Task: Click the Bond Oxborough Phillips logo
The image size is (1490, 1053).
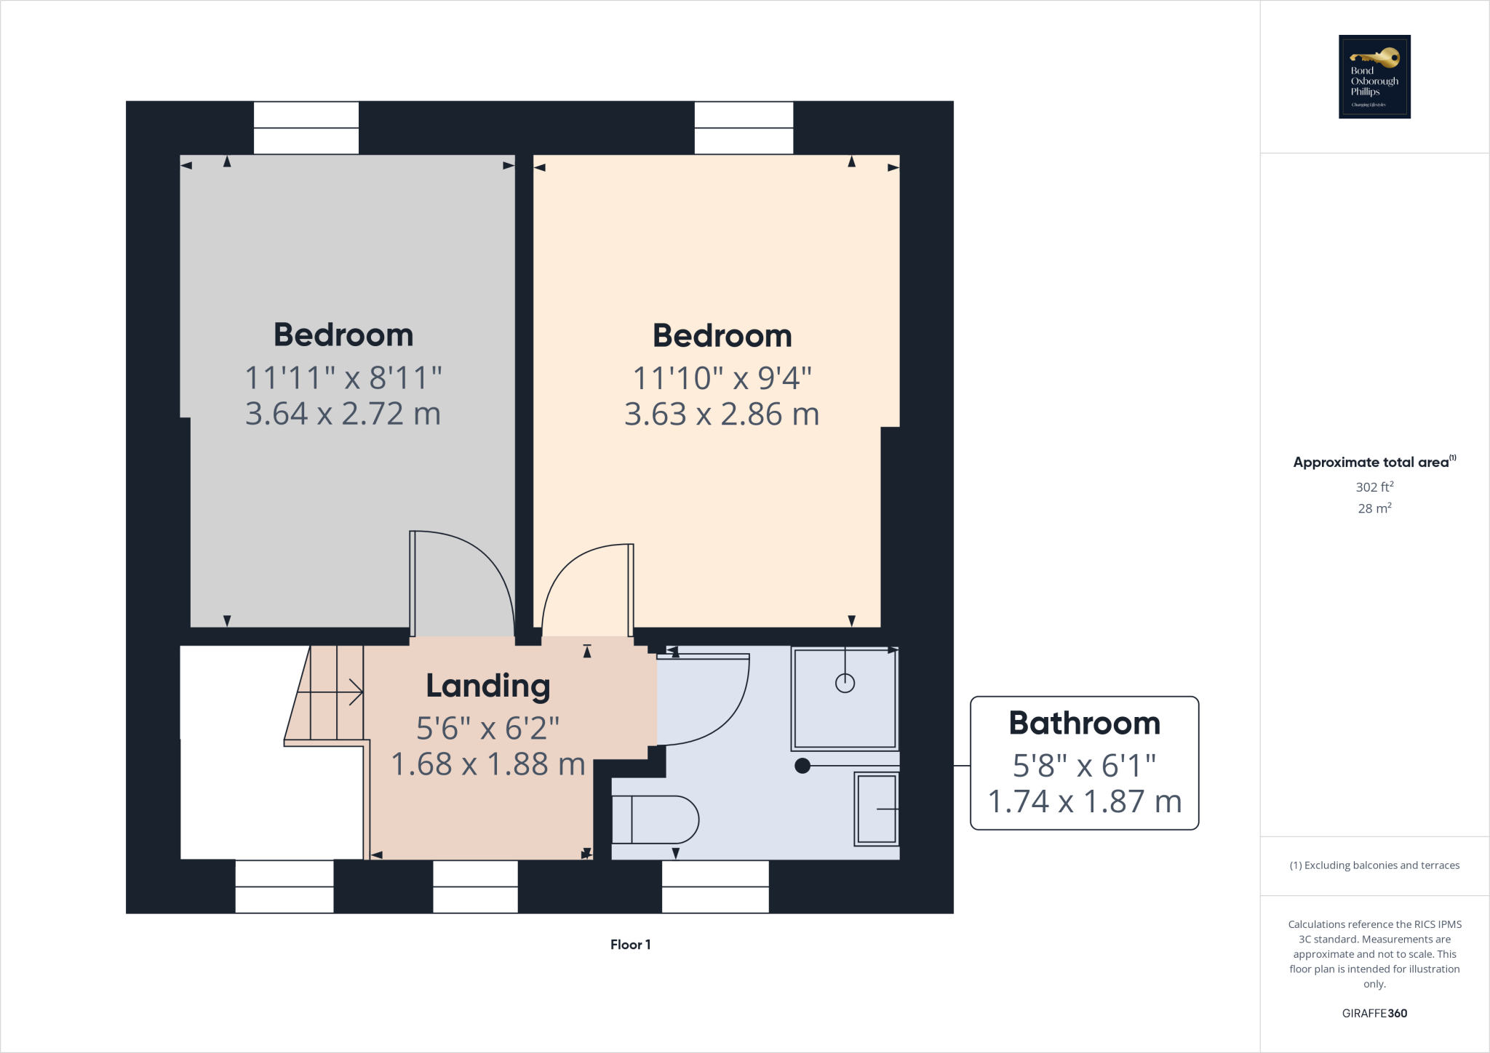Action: pos(1374,76)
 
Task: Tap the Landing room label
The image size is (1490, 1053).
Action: pos(487,686)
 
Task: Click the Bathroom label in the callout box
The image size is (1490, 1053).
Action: pos(1084,724)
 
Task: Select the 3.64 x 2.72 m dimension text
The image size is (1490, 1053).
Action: pos(343,414)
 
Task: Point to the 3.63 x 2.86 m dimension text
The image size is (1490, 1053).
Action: pos(722,415)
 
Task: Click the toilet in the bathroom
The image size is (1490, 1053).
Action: pos(655,820)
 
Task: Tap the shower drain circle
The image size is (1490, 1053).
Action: pos(845,683)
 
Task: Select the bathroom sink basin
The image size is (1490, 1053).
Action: pos(877,809)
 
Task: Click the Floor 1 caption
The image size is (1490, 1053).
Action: pos(630,945)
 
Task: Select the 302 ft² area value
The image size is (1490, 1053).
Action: pos(1374,487)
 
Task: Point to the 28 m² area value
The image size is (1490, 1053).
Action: pos(1374,508)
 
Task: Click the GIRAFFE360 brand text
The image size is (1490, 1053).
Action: pos(1374,1013)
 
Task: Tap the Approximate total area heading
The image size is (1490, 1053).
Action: pos(1371,463)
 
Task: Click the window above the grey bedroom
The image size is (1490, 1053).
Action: pos(306,128)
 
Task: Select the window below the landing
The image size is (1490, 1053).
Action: pos(475,886)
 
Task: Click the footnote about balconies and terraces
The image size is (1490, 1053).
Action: pos(1374,865)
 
